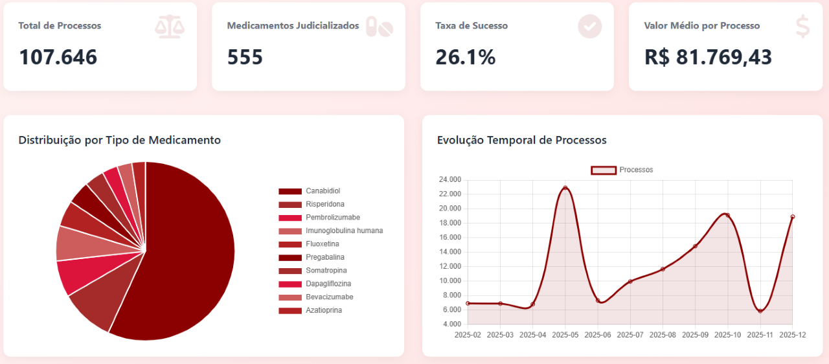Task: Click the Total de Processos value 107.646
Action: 58,57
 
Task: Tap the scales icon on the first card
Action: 170,27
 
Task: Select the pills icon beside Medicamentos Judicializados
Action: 380,27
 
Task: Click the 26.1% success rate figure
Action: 465,57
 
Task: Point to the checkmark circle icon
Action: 589,27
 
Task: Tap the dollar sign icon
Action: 802,27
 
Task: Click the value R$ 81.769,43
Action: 708,57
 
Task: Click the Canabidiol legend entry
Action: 323,191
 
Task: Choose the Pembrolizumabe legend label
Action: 332,218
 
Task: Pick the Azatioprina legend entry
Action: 323,310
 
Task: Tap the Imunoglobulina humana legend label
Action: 344,231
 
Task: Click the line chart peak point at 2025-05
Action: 565,188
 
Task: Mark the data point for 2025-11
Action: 760,311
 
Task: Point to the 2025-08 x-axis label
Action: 663,335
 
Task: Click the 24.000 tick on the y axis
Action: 449,179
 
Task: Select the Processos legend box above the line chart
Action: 604,170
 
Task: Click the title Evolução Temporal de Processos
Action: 521,140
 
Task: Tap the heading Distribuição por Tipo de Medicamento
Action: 119,140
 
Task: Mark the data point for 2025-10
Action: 727,215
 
